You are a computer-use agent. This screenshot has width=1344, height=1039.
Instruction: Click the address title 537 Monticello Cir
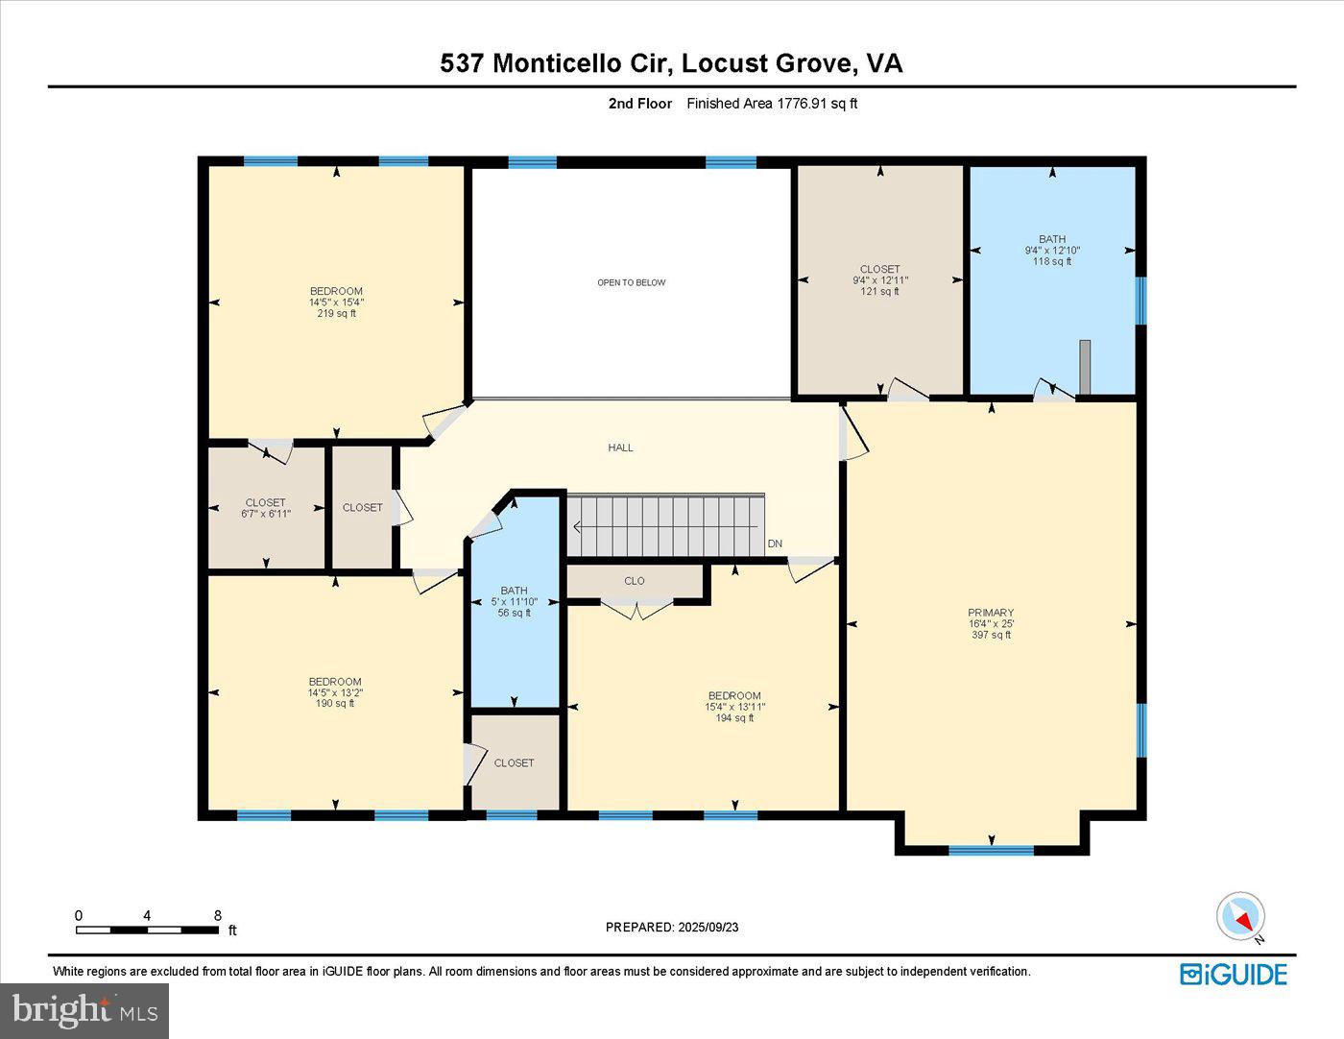(x=671, y=63)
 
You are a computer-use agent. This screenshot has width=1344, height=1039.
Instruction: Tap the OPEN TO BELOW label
(x=631, y=282)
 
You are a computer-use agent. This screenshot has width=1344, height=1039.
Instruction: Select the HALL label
(x=620, y=447)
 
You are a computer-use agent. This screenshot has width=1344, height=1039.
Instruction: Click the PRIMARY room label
(x=991, y=613)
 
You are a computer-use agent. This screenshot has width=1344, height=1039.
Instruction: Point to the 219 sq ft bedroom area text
(x=336, y=313)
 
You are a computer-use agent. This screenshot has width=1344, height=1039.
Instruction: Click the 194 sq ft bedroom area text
(x=734, y=717)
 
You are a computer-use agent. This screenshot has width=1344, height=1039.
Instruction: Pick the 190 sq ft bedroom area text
(x=335, y=703)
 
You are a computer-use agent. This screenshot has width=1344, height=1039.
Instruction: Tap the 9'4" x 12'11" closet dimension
(x=879, y=280)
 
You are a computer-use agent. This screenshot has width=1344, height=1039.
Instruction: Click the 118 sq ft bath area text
(x=1052, y=261)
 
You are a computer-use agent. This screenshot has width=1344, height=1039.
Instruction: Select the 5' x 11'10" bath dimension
(x=514, y=602)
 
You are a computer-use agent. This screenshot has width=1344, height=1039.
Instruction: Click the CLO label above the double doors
(x=634, y=581)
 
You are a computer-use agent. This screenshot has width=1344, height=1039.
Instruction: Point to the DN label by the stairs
(x=775, y=544)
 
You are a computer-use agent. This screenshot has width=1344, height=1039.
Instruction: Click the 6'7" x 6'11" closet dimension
(x=265, y=514)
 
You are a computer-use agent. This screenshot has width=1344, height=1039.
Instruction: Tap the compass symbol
(x=1240, y=916)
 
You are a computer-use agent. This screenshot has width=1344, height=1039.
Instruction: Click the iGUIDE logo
(x=1234, y=974)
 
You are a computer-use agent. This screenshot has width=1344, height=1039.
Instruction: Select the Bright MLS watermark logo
(x=84, y=1010)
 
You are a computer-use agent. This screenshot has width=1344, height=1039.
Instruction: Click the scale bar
(x=147, y=929)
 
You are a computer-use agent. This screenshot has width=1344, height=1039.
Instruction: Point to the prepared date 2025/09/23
(x=672, y=927)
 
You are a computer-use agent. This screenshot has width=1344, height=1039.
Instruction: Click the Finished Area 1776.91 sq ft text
(x=772, y=104)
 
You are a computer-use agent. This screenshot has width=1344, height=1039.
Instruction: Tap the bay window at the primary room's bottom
(x=991, y=849)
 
